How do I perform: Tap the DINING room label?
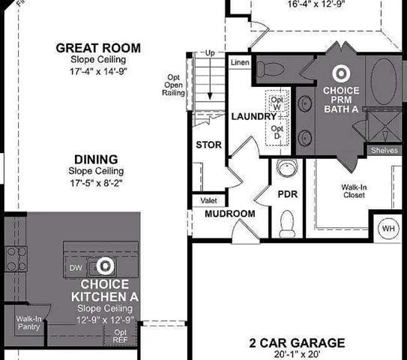[96, 159]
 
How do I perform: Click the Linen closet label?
[240, 62]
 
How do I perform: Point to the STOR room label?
[208, 145]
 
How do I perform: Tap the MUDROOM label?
[230, 214]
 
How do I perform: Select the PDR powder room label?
[289, 194]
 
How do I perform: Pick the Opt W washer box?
[277, 103]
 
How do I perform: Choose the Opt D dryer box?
[277, 132]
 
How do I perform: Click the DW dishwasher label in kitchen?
[75, 267]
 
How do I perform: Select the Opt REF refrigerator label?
[121, 336]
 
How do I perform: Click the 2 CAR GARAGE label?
[297, 343]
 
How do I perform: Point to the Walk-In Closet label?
[353, 190]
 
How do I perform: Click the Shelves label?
[385, 150]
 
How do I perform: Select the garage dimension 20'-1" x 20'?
[297, 355]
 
